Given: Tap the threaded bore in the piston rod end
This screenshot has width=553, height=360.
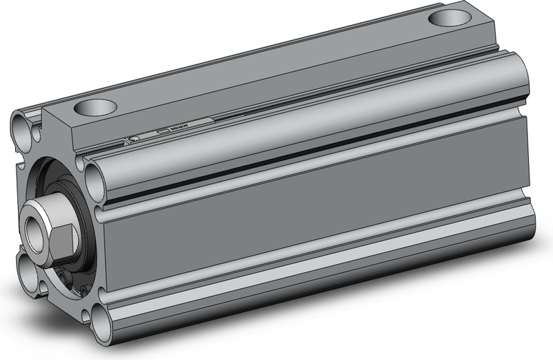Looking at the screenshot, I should (x=32, y=229).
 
